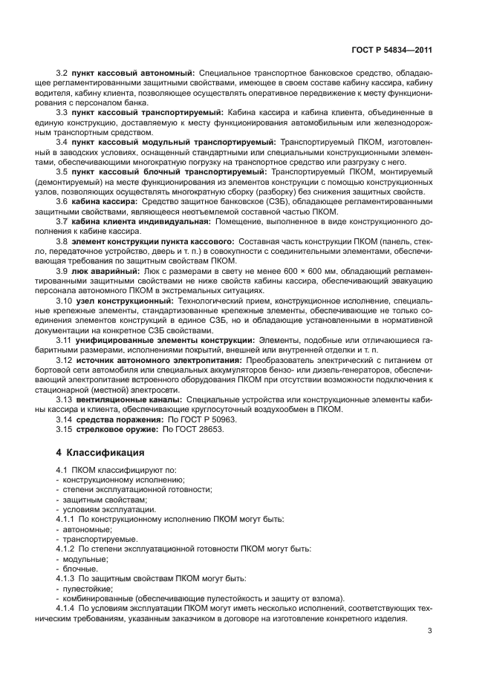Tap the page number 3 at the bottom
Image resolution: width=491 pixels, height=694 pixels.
(x=429, y=630)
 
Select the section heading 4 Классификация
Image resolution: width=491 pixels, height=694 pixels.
(x=100, y=452)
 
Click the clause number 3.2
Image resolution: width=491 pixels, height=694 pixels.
(x=62, y=73)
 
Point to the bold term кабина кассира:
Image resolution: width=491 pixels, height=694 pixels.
(x=105, y=200)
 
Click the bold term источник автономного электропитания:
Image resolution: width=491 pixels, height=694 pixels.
(x=162, y=360)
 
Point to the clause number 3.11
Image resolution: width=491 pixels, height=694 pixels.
(x=64, y=340)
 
